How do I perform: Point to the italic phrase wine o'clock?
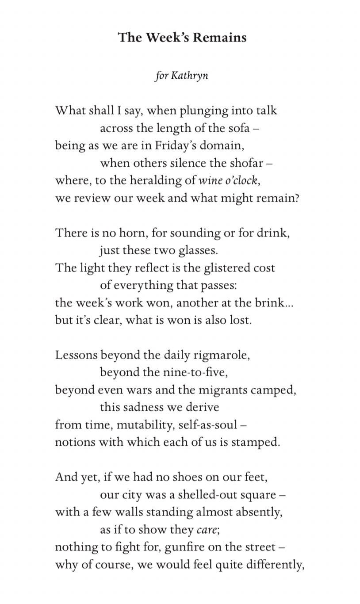(228, 181)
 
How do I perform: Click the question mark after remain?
(297, 198)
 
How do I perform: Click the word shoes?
(184, 478)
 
